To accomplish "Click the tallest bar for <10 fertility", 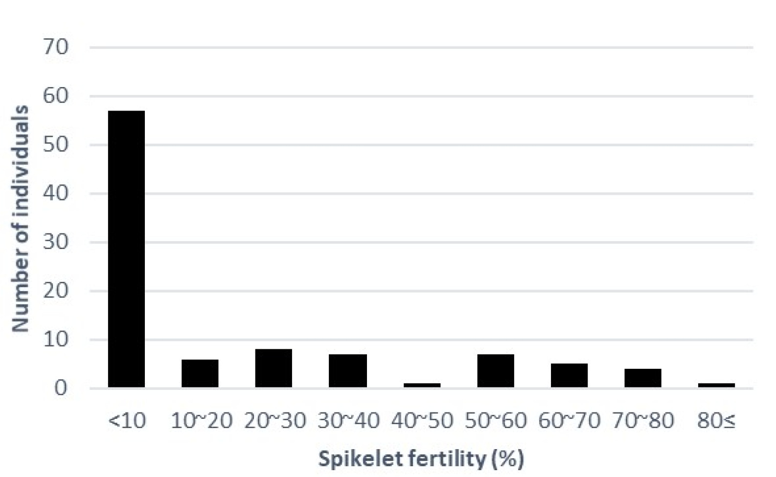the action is pyautogui.click(x=126, y=249).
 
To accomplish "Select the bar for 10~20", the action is pyautogui.click(x=200, y=373).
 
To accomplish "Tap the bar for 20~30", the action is pyautogui.click(x=274, y=368).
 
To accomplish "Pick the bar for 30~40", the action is pyautogui.click(x=348, y=371).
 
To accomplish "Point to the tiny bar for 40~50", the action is pyautogui.click(x=422, y=385).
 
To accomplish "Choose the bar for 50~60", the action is pyautogui.click(x=496, y=371).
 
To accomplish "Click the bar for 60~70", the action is pyautogui.click(x=569, y=375).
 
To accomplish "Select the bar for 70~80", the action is pyautogui.click(x=643, y=378).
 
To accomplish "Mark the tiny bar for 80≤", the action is pyautogui.click(x=716, y=385).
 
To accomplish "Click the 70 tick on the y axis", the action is pyautogui.click(x=55, y=47).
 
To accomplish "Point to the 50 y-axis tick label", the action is pyautogui.click(x=55, y=145).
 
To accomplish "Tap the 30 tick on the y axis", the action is pyautogui.click(x=55, y=242).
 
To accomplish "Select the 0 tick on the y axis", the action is pyautogui.click(x=61, y=388).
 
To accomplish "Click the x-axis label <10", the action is pyautogui.click(x=127, y=421).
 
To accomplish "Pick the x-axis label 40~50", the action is pyautogui.click(x=422, y=421).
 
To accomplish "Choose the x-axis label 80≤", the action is pyautogui.click(x=716, y=421).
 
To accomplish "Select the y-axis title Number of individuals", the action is pyautogui.click(x=20, y=218).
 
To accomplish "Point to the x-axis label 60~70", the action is pyautogui.click(x=569, y=421).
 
